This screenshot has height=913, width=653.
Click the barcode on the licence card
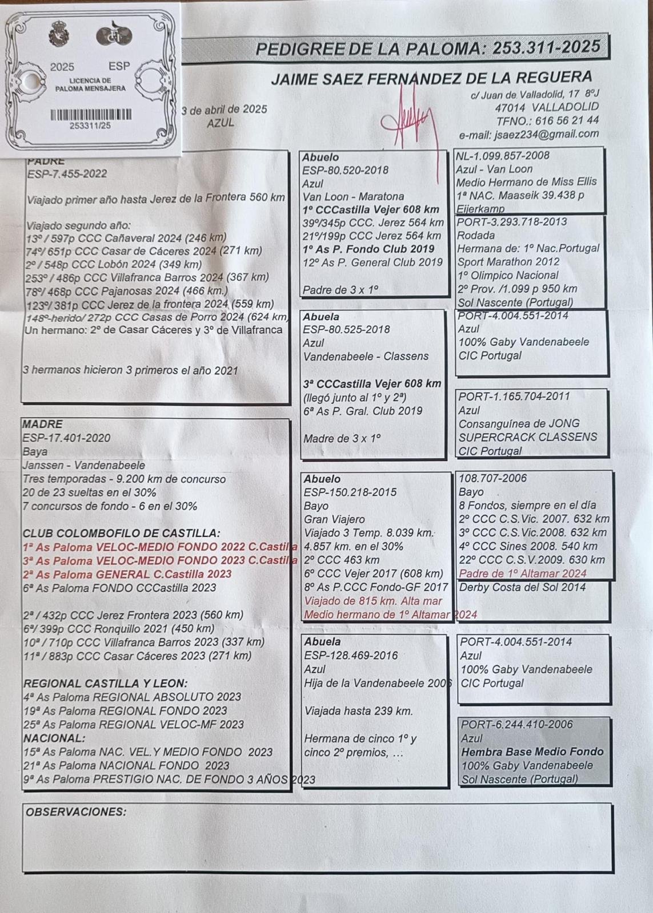(91, 115)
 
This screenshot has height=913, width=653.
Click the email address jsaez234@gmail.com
(528, 134)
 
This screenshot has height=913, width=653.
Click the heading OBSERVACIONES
(75, 812)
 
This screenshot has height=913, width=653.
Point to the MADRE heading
(42, 424)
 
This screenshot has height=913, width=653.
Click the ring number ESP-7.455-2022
(67, 174)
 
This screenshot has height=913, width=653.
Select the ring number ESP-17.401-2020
(66, 438)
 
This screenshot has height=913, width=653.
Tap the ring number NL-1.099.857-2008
(502, 155)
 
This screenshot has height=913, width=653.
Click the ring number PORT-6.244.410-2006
(517, 724)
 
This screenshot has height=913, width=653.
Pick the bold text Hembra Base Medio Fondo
(532, 752)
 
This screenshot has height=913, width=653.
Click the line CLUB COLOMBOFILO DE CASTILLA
(121, 533)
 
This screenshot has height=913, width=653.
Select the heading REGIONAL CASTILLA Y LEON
(106, 683)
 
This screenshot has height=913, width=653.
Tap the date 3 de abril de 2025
(224, 109)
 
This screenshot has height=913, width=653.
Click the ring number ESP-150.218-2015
(350, 492)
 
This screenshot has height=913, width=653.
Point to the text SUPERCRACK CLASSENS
(527, 437)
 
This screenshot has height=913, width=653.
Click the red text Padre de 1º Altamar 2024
(523, 573)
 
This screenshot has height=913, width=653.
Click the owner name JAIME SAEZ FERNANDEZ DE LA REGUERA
(431, 78)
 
